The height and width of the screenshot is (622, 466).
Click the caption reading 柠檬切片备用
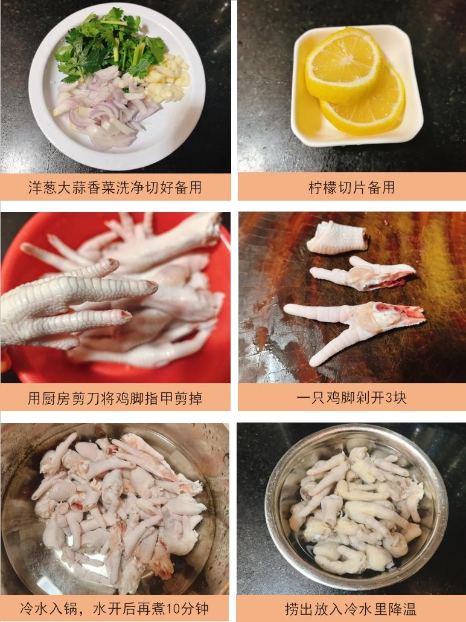[351, 187]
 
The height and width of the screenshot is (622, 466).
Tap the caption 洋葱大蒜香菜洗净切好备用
[115, 187]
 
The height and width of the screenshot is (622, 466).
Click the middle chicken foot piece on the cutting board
[362, 273]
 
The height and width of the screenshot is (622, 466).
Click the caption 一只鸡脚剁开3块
[351, 398]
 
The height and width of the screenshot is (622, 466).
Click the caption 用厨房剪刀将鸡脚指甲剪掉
[115, 398]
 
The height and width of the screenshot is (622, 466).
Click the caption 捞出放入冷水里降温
[351, 608]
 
